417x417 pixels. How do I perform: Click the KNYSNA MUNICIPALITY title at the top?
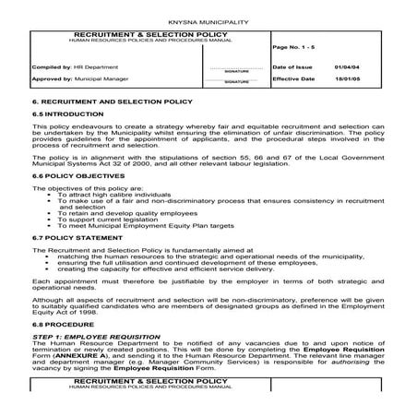coord(208,19)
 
